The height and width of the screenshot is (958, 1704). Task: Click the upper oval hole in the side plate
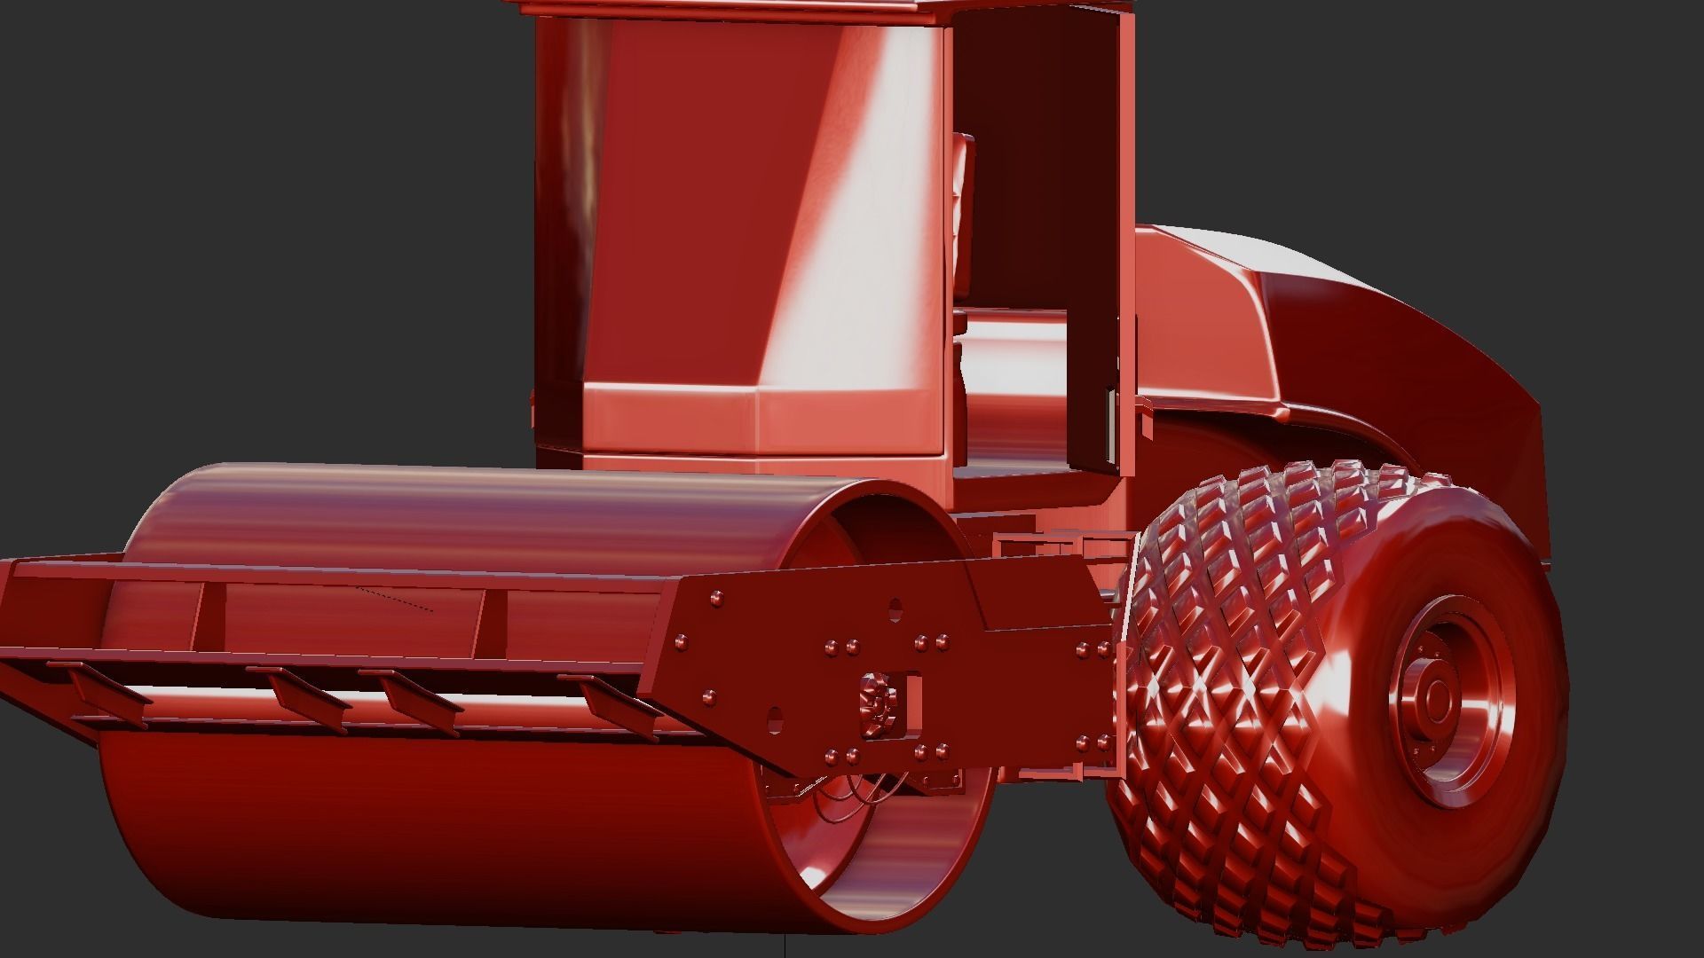coord(895,609)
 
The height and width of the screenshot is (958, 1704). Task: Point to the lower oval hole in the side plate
coord(775,718)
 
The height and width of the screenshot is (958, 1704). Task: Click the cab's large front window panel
coord(754,222)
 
